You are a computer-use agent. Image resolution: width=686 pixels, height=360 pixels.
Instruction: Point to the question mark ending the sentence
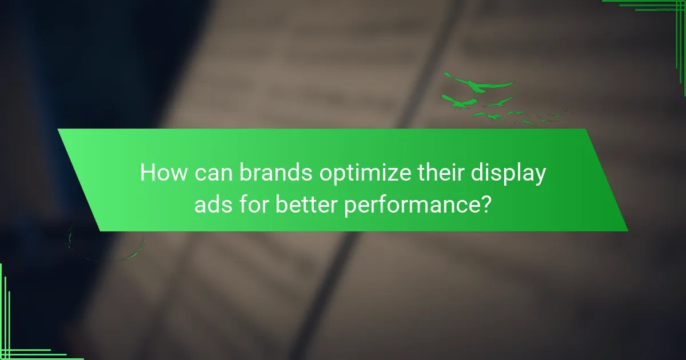[484, 205]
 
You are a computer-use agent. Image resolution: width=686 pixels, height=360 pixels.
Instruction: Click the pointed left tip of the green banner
[58, 130]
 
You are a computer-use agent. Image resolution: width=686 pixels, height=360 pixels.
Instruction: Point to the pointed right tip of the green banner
[627, 230]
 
